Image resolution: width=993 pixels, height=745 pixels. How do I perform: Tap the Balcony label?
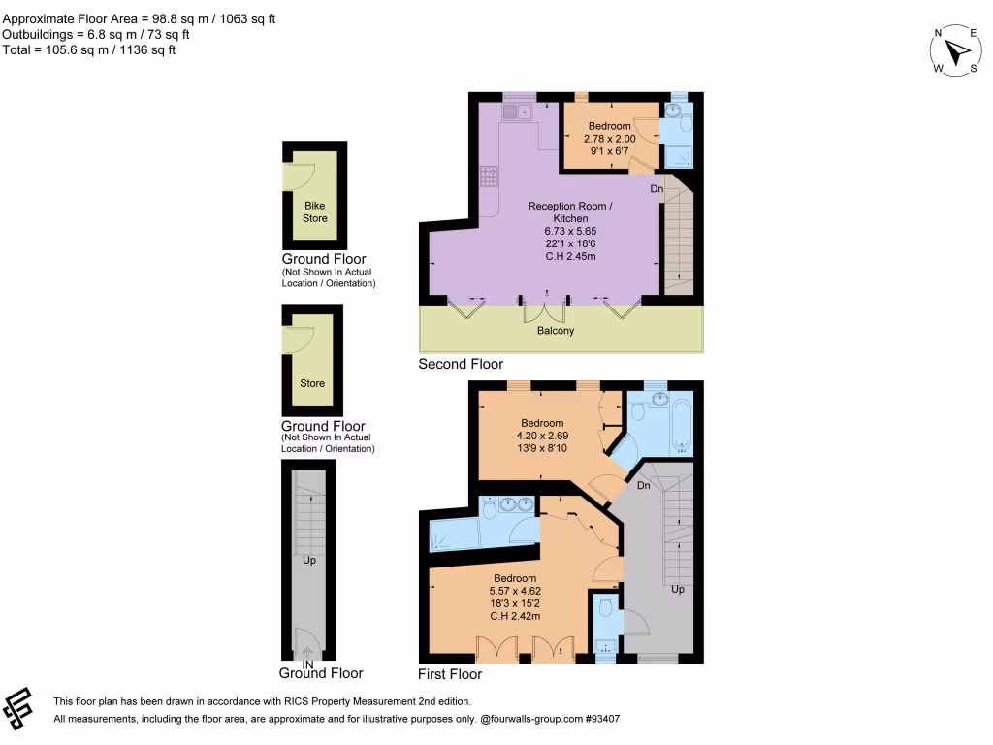556,331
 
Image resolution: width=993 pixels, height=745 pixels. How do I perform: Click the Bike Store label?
315,212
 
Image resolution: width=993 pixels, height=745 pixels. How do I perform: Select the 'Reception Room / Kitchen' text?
570,212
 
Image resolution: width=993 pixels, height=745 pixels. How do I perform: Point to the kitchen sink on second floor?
517,113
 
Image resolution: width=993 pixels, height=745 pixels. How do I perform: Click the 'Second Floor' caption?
461,365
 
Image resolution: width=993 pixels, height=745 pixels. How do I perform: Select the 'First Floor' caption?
449,674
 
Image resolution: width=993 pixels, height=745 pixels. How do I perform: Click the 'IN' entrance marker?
308,664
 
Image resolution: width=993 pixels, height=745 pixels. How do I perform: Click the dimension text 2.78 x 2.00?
609,139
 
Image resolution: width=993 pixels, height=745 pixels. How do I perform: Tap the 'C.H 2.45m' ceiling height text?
570,257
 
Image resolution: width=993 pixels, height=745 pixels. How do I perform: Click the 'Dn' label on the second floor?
657,189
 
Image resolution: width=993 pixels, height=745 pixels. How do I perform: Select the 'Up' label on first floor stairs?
678,589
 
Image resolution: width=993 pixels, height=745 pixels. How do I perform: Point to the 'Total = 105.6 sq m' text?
88,50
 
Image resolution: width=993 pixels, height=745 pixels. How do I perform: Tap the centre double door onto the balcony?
543,309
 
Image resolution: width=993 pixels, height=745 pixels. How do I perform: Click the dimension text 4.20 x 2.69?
541,436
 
